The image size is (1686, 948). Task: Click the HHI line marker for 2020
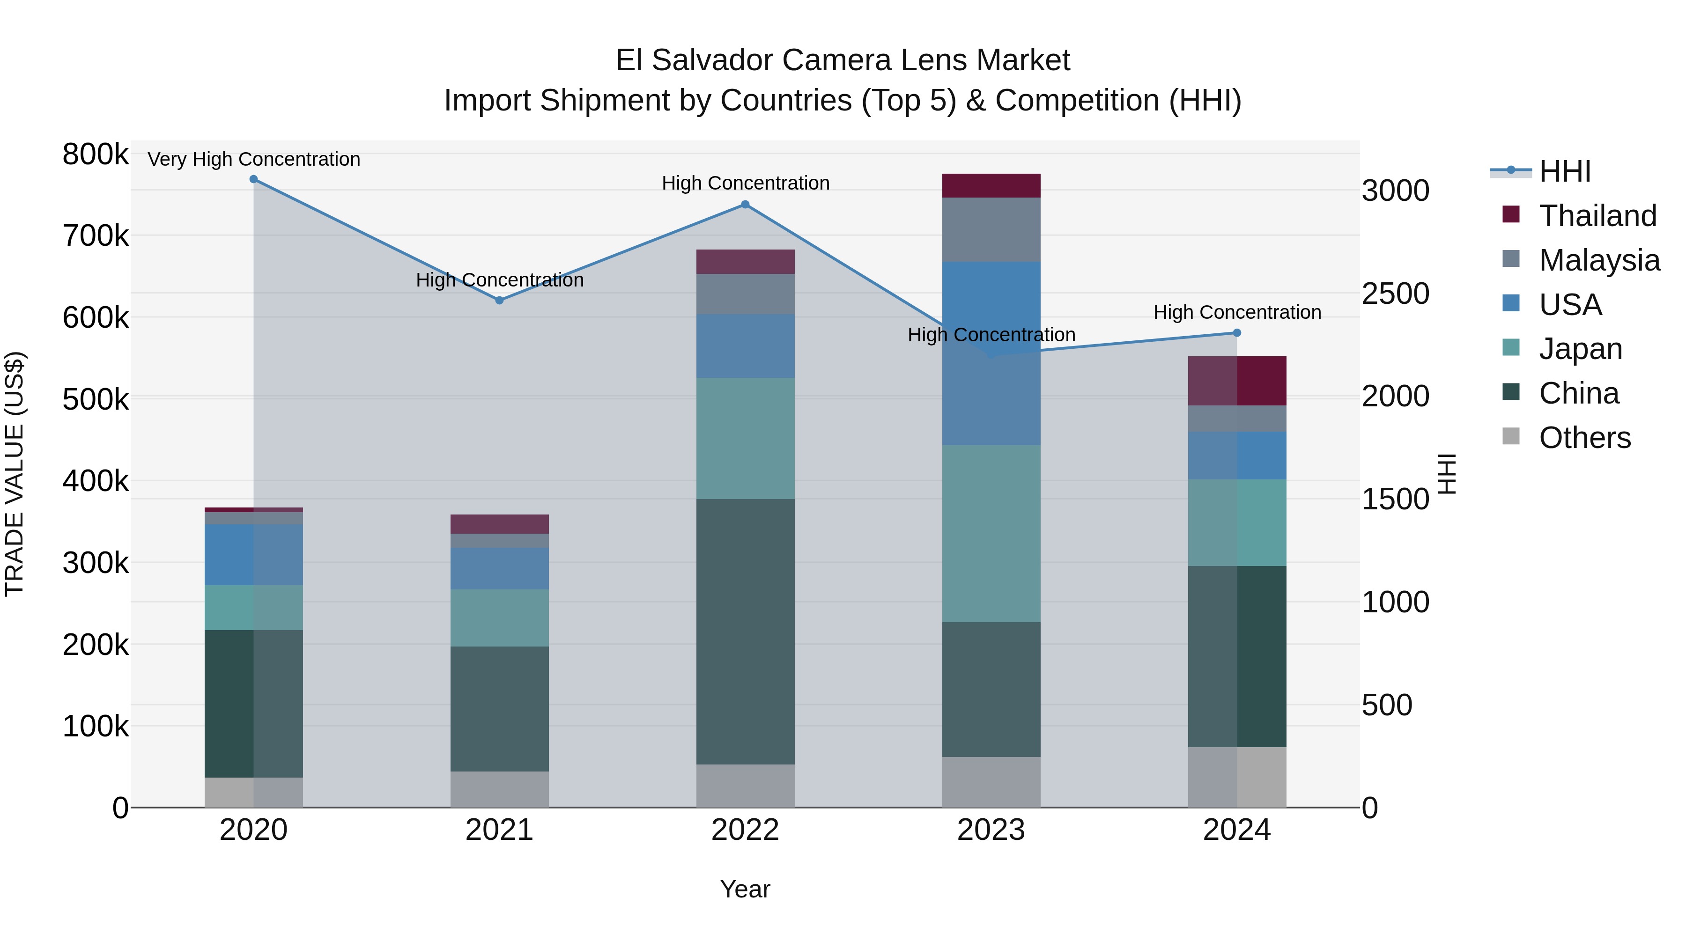(x=253, y=179)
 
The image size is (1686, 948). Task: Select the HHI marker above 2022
(x=745, y=205)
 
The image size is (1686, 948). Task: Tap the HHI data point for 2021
(x=499, y=300)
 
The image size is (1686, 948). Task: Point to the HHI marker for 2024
(x=1237, y=333)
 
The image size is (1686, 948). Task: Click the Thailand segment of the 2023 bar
(x=991, y=186)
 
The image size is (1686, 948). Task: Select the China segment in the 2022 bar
(x=745, y=632)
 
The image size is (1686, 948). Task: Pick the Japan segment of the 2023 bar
(x=991, y=533)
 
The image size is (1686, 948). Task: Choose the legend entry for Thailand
(x=1597, y=216)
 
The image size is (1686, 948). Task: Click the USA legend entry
(x=1570, y=305)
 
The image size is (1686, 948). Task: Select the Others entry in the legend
(x=1584, y=438)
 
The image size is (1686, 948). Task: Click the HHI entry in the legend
(x=1564, y=171)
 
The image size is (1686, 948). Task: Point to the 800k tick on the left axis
(x=96, y=155)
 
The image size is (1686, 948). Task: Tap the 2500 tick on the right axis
(x=1396, y=294)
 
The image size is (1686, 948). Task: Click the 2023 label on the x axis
(x=991, y=830)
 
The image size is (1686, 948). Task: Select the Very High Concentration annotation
(x=254, y=160)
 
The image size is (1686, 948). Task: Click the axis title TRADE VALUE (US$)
(x=15, y=474)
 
